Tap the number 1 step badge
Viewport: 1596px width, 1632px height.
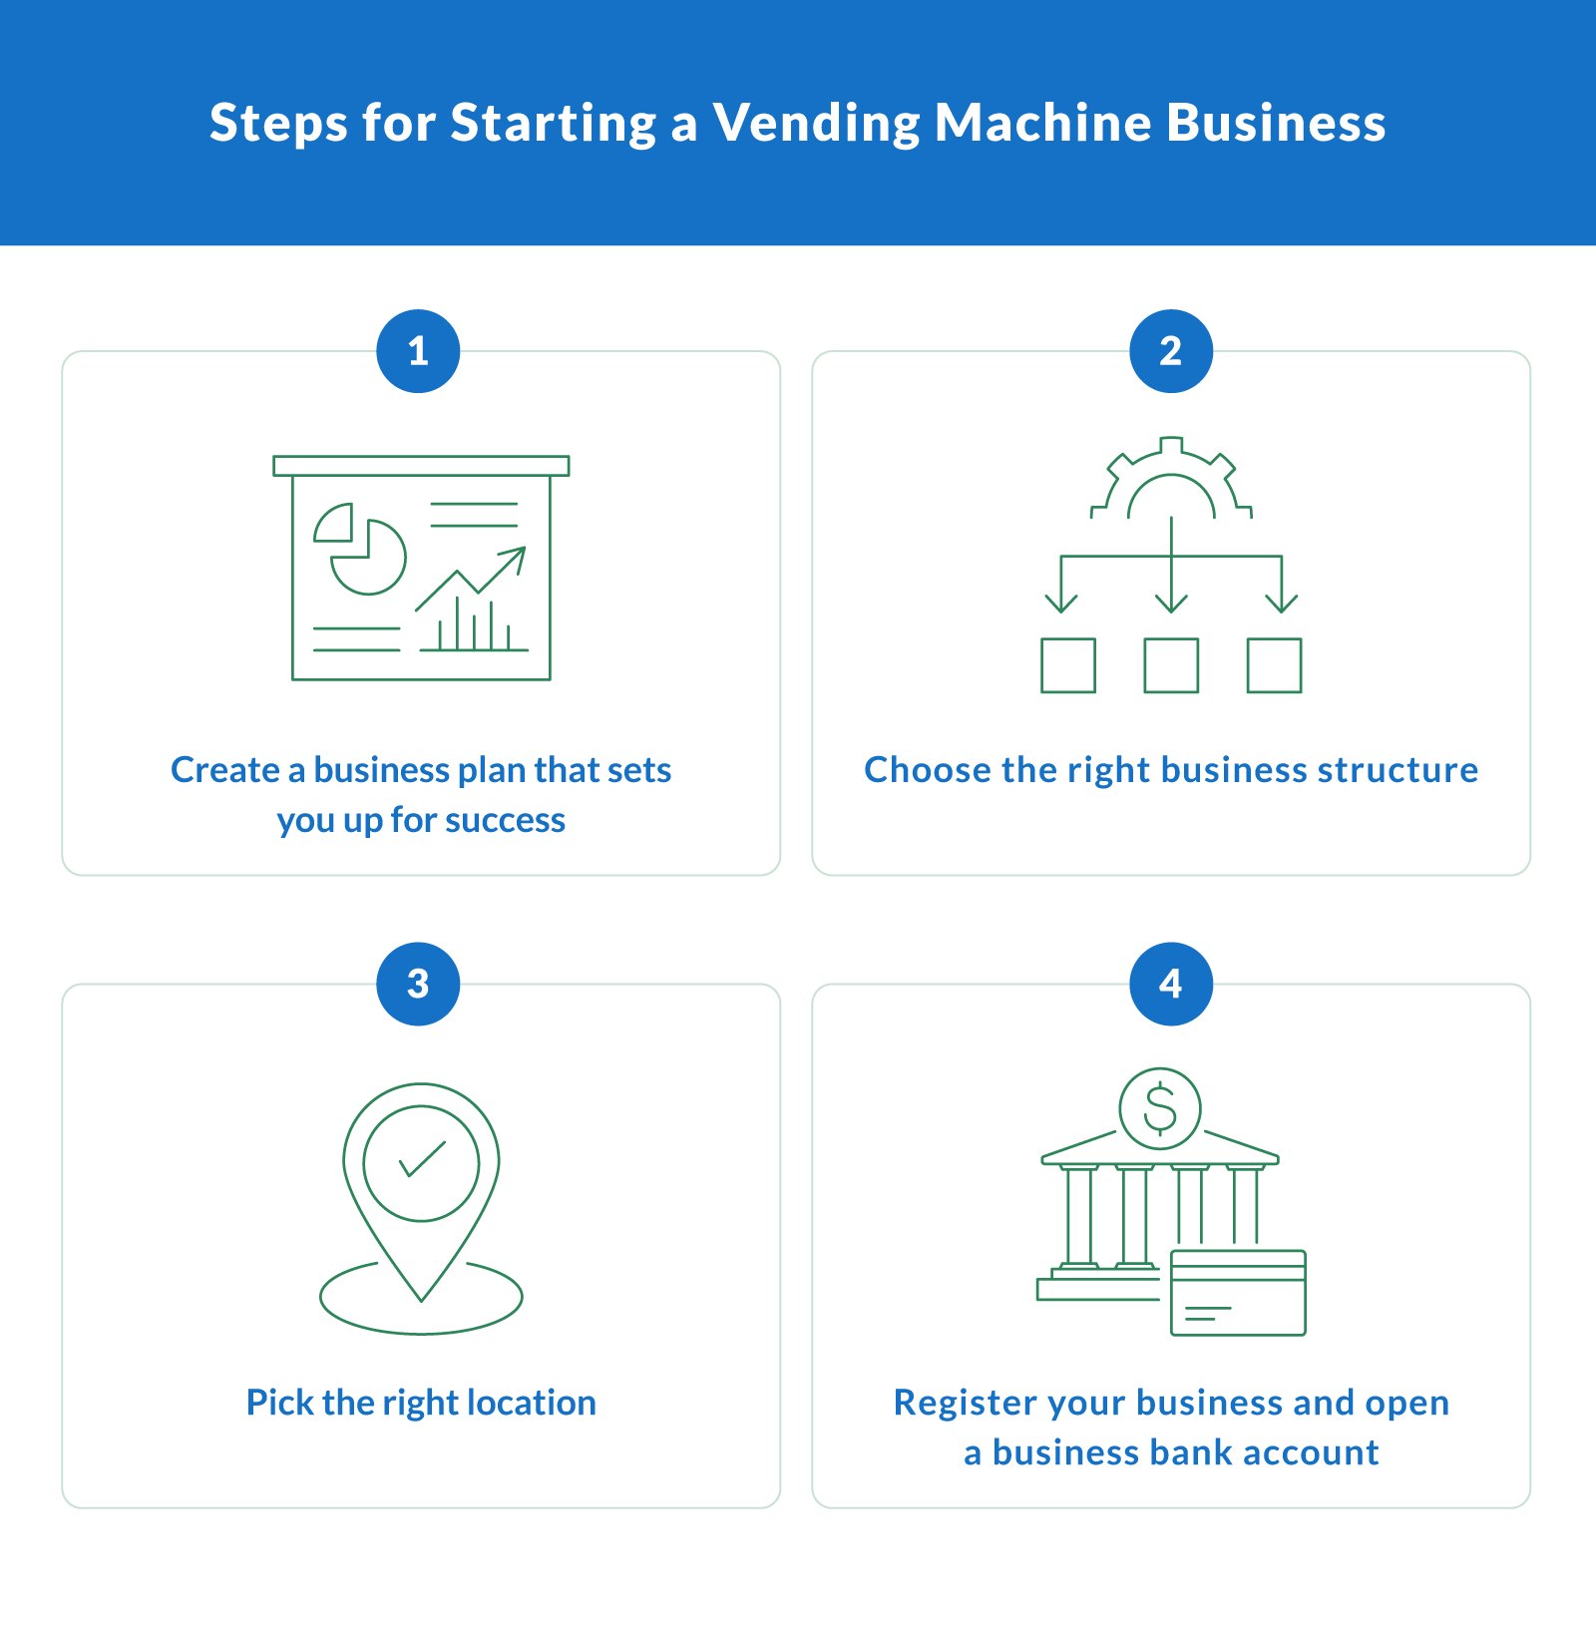click(x=418, y=351)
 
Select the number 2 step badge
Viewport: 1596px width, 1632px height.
click(x=1171, y=351)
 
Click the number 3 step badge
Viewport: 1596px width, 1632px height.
click(x=418, y=984)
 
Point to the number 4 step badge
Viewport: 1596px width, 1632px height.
click(x=1171, y=984)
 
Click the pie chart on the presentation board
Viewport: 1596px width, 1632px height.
click(x=361, y=551)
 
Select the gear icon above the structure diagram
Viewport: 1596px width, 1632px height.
click(x=1171, y=481)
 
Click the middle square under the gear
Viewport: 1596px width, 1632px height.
click(x=1171, y=665)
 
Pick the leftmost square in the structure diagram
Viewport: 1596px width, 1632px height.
click(x=1068, y=665)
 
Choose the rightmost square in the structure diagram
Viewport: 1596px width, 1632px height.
click(x=1275, y=665)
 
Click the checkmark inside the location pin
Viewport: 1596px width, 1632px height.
click(x=422, y=1160)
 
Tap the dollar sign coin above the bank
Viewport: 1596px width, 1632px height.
click(x=1160, y=1108)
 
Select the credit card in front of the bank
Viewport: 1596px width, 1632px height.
click(x=1238, y=1293)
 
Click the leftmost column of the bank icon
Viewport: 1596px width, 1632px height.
click(x=1079, y=1217)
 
